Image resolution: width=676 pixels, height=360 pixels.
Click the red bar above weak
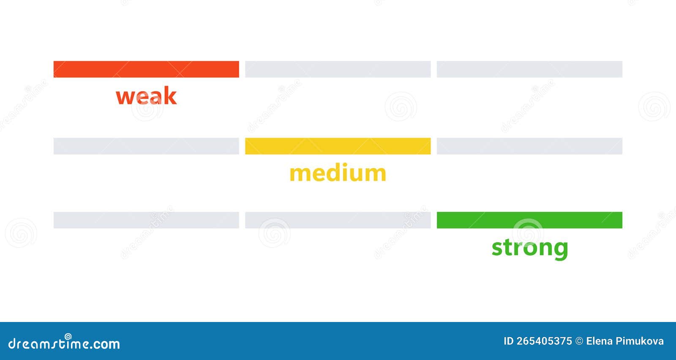coord(146,69)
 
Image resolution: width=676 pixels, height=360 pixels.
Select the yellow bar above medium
coord(338,146)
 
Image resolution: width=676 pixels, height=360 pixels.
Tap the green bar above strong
coord(529,220)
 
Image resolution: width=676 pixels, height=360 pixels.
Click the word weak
coord(146,96)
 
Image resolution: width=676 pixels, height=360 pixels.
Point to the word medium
coord(338,173)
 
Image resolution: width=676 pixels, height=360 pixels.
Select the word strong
coord(530,248)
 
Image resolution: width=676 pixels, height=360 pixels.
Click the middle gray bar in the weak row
coord(338,69)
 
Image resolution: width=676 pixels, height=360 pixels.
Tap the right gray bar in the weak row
coord(529,69)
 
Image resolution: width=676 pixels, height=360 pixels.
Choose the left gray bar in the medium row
coord(146,146)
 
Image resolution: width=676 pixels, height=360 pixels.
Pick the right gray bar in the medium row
coord(529,146)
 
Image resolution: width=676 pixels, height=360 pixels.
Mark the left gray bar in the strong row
coord(146,220)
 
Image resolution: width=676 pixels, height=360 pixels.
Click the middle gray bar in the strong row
coord(338,220)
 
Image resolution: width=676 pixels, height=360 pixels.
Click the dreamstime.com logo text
coord(64,343)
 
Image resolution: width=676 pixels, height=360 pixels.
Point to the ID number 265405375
coord(544,341)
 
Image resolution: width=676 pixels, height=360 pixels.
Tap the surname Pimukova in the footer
coord(642,341)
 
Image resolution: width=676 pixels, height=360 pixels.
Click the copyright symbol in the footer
coord(579,341)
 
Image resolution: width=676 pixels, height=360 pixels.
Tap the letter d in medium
coord(330,173)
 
